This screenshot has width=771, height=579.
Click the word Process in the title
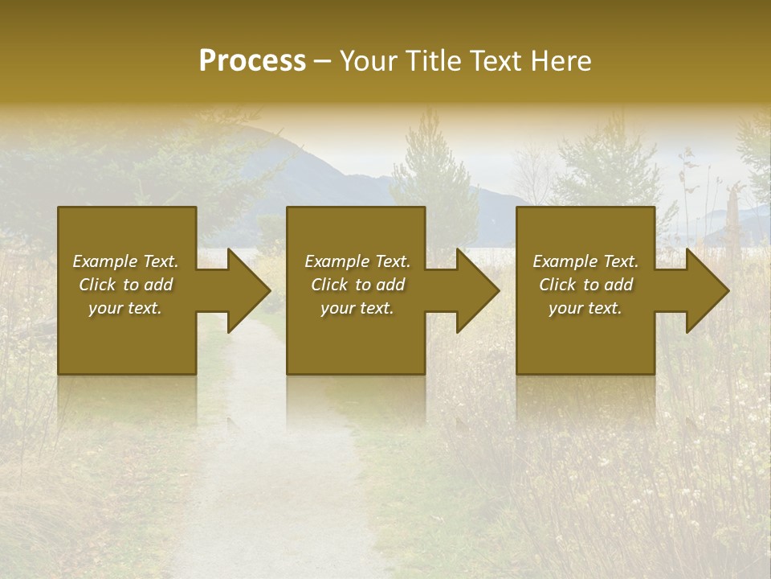pyautogui.click(x=252, y=60)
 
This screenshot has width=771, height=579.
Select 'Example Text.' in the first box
pyautogui.click(x=125, y=261)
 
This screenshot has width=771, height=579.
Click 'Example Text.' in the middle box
pyautogui.click(x=357, y=261)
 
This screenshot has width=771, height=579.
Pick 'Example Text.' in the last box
pyautogui.click(x=585, y=261)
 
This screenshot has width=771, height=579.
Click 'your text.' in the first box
pyautogui.click(x=125, y=308)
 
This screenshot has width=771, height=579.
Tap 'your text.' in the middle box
pyautogui.click(x=357, y=308)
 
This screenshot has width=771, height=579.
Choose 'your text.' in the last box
pyautogui.click(x=585, y=308)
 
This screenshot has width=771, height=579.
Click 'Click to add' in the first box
pyautogui.click(x=125, y=285)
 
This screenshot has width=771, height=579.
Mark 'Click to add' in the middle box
pyautogui.click(x=357, y=285)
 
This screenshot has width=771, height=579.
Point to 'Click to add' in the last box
pyautogui.click(x=585, y=285)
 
